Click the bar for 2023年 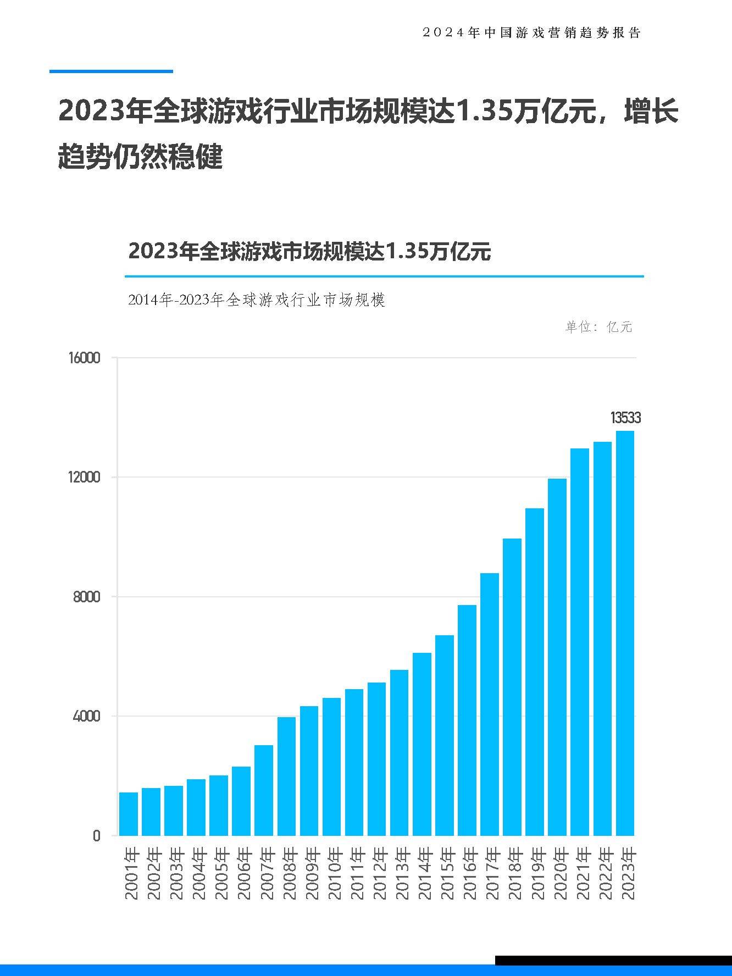coord(625,633)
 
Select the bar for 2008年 coord(286,776)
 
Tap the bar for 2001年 coord(129,813)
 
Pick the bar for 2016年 coord(467,720)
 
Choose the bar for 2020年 coord(557,657)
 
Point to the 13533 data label coord(625,418)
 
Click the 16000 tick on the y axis coord(84,358)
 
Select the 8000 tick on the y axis coord(87,597)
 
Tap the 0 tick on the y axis coord(97,836)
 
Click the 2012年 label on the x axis coord(378,874)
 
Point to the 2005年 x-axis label coord(219,874)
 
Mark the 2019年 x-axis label coord(535,874)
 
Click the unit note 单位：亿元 coord(598,327)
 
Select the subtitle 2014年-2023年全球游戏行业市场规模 coord(256,300)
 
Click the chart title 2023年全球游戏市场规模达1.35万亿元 coord(309,252)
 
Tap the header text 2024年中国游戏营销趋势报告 coord(531,33)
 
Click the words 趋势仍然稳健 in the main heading coord(140,157)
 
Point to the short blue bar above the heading coord(111,71)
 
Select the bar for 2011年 coord(354,762)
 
